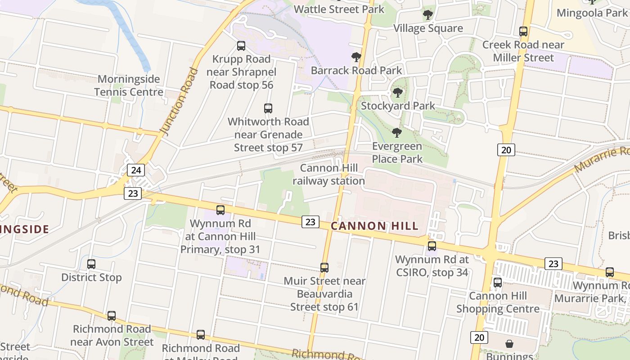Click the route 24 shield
[x=136, y=170]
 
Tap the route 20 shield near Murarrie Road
[x=506, y=150]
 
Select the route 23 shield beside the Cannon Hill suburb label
[x=310, y=221]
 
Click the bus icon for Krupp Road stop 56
[x=241, y=46]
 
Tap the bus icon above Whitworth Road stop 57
[x=268, y=108]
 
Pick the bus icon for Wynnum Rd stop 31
[x=220, y=210]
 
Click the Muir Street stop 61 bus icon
[x=324, y=268]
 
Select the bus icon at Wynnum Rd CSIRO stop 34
[x=432, y=246]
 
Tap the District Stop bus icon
[x=91, y=264]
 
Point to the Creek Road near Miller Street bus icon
[x=523, y=31]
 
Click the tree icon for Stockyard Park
[x=397, y=93]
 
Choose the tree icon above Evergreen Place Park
[x=397, y=133]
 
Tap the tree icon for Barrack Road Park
[x=356, y=57]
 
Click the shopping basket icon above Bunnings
[x=509, y=344]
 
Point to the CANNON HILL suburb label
[x=374, y=226]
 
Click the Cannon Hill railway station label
[x=328, y=175]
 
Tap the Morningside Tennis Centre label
[x=129, y=85]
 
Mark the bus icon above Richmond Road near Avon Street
[x=112, y=316]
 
